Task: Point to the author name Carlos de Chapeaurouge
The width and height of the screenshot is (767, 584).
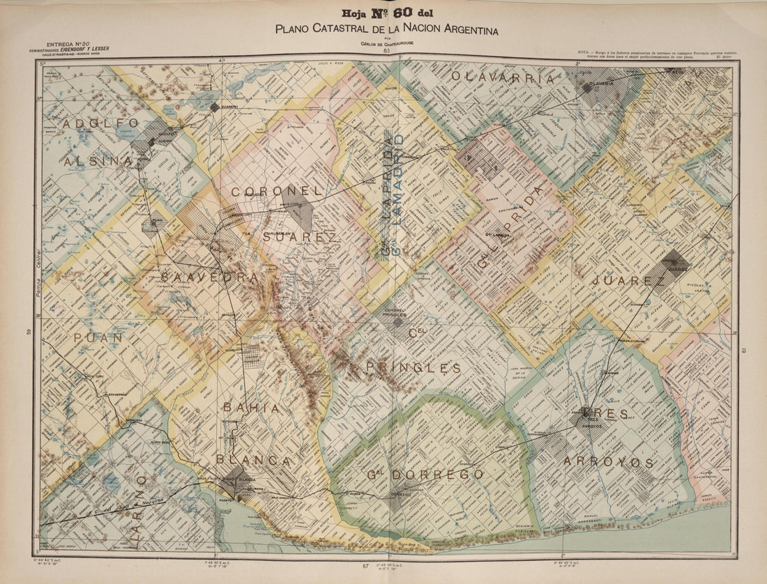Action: point(387,44)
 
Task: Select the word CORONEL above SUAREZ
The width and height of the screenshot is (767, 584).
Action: point(278,190)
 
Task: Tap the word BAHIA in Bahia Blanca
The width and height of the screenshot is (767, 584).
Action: point(251,408)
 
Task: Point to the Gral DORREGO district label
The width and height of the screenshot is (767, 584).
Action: point(425,475)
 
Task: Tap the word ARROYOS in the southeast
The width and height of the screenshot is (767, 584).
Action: point(608,462)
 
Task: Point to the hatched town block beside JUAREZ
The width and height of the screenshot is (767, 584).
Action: point(674,265)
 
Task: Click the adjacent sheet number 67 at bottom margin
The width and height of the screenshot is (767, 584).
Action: point(365,566)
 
